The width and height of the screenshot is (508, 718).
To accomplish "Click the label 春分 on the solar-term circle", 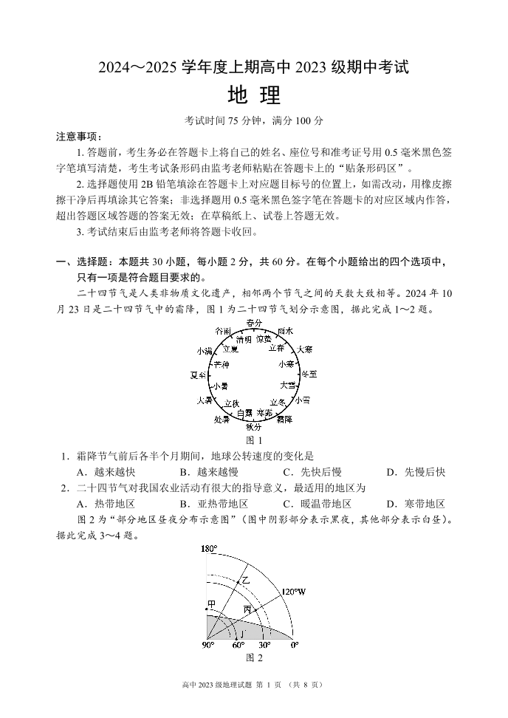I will tap(254, 323).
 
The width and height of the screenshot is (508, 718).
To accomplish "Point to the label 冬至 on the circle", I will tap(308, 375).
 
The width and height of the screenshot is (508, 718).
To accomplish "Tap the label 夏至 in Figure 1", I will tap(198, 375).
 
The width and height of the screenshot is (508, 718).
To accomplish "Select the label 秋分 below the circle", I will tap(253, 426).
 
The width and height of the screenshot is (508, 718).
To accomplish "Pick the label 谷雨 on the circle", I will tap(223, 330).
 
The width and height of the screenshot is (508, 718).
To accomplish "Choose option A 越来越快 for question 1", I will tap(106, 472).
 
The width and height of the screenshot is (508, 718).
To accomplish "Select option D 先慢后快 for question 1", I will tap(416, 472).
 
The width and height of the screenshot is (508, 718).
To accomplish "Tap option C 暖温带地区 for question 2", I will tap(317, 504).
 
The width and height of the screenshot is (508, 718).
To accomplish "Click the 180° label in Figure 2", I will tap(209, 549).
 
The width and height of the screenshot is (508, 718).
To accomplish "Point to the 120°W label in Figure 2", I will tap(293, 591).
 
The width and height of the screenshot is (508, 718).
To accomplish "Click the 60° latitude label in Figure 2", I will tap(238, 645).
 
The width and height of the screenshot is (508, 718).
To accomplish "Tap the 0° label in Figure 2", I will tap(294, 645).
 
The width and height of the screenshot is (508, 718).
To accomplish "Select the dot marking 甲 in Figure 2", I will tap(207, 609).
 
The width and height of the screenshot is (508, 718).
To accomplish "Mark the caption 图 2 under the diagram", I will tap(253, 657).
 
